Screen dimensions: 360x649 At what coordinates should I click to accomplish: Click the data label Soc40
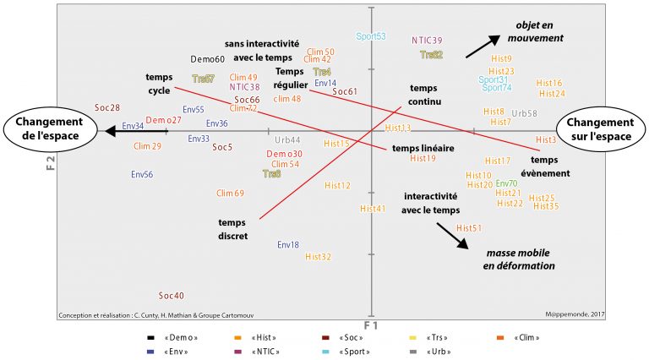[172, 296]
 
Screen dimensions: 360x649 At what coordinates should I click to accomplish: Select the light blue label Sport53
[371, 36]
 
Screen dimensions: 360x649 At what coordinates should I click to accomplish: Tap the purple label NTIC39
[427, 41]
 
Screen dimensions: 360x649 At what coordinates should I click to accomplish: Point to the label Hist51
[469, 228]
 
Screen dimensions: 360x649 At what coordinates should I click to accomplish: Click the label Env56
[142, 175]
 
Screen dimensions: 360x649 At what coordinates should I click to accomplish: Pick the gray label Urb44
[287, 139]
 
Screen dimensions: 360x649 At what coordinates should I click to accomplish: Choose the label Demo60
[207, 59]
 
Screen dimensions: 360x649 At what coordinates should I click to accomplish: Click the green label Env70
[507, 183]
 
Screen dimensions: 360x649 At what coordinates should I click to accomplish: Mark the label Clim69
[230, 194]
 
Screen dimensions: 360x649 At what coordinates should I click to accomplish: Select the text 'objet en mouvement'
[535, 32]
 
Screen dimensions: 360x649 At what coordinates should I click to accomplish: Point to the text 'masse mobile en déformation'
[519, 259]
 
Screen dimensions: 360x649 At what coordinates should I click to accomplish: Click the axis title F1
[370, 325]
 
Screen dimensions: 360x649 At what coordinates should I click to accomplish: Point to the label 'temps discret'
[232, 229]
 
